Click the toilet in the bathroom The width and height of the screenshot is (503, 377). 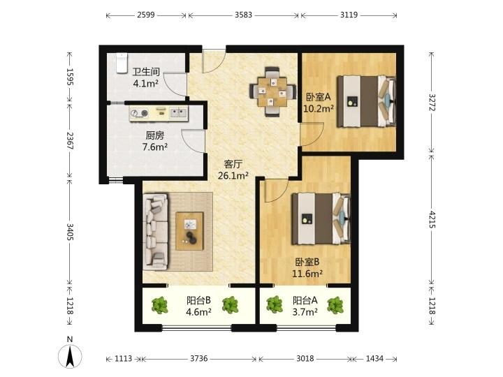coord(122,63)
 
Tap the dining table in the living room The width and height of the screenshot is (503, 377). coord(272,92)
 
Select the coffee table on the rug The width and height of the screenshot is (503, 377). coord(189,231)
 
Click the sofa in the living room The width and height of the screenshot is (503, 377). coord(155,231)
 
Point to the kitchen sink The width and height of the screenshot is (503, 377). coord(178,113)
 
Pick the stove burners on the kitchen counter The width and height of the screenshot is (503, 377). coord(140,113)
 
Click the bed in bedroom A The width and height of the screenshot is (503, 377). coord(366,101)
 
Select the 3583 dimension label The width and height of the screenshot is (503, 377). coord(244,15)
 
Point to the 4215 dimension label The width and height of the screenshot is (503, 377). coord(432,220)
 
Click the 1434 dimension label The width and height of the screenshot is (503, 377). coord(374,358)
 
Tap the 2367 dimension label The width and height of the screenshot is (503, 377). coord(70,140)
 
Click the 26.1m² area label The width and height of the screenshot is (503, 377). coord(233,176)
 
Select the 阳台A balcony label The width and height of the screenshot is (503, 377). coord(305,300)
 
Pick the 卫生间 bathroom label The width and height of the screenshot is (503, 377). coord(146,71)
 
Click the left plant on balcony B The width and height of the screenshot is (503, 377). coord(160,305)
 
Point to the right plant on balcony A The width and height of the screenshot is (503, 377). coord(335,305)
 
